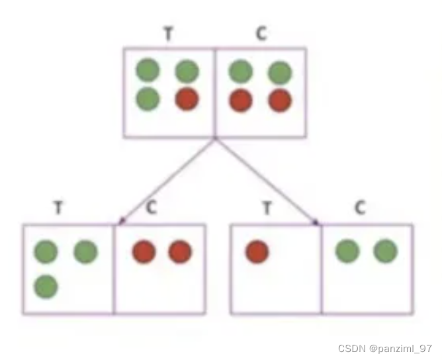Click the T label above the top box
point(168,34)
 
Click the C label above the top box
point(261,34)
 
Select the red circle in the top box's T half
point(187,100)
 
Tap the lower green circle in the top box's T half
point(148,100)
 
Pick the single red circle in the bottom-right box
point(257,252)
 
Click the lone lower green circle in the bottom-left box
point(46,287)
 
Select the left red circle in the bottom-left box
point(144,252)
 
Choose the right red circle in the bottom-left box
point(179,252)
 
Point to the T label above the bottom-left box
point(59,208)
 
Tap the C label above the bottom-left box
point(152,208)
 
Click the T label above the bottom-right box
point(267,208)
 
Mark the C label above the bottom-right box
point(359,208)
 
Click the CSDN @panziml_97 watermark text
point(384,348)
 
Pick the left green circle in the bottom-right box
point(348,251)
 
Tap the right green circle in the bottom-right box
point(385,251)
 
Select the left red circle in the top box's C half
point(241,101)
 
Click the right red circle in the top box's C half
point(280,101)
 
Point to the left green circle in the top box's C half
point(241,69)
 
